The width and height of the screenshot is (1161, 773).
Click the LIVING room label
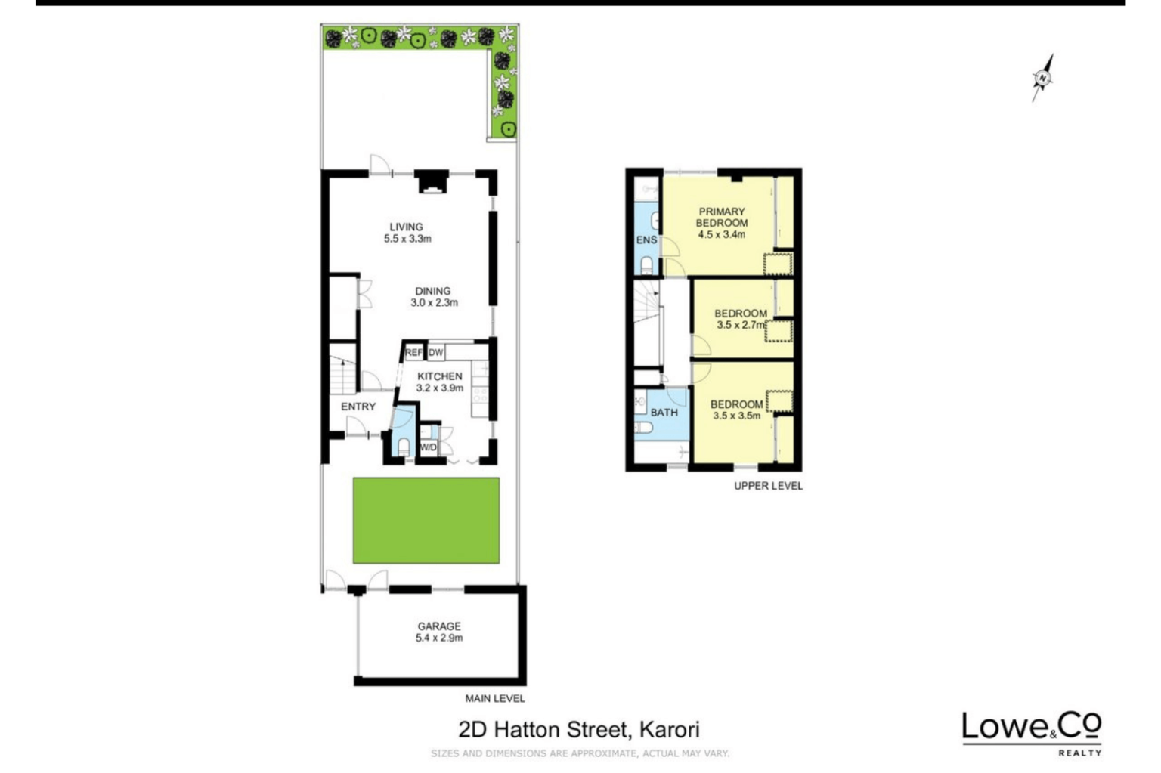tap(406, 227)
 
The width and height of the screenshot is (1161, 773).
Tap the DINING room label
tap(432, 291)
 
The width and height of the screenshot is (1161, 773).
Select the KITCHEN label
tap(439, 376)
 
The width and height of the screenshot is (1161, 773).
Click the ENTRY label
tap(358, 407)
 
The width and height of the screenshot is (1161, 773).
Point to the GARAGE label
tap(439, 626)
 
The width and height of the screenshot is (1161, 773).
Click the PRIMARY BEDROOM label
tap(721, 218)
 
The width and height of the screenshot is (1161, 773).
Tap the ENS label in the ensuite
tap(646, 240)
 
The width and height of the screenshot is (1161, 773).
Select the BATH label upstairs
tap(664, 413)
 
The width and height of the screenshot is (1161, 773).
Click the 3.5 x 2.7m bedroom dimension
tap(741, 325)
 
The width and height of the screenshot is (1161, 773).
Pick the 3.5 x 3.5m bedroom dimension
tap(736, 416)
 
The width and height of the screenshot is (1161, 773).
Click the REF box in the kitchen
tap(413, 353)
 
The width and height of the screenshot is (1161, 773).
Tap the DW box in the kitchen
tap(436, 353)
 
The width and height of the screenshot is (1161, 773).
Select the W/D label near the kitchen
tap(428, 447)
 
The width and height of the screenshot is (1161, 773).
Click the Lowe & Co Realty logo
tap(1031, 731)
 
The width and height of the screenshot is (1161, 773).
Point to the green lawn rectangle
tap(426, 520)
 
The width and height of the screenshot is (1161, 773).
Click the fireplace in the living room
tap(432, 183)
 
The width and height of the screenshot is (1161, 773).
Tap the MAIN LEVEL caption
tap(494, 698)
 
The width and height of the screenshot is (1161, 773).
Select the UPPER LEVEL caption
tap(768, 486)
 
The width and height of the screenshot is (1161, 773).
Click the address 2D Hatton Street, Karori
tap(579, 729)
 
